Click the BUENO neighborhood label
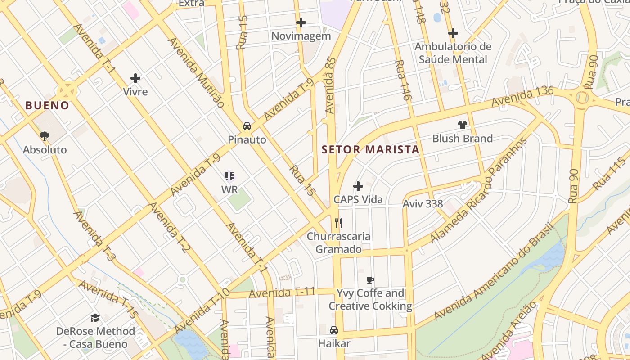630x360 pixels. (47, 106)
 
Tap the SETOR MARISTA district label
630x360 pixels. (370, 149)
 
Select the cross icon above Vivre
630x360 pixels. (135, 78)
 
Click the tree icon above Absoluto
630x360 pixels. (45, 136)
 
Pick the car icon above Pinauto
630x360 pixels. (247, 126)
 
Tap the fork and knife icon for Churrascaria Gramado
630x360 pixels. (338, 223)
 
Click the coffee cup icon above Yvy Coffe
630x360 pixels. (370, 280)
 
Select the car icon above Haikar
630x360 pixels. (334, 330)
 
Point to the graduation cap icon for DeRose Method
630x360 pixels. (95, 318)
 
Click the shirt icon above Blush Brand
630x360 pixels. (462, 125)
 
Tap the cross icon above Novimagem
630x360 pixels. (301, 22)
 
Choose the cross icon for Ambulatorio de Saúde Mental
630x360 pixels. (453, 33)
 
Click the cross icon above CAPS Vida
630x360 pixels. (358, 186)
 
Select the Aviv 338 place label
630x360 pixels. (423, 204)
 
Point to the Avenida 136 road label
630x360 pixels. (522, 97)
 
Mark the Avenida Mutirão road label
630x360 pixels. (196, 72)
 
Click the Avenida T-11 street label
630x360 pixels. (282, 293)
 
